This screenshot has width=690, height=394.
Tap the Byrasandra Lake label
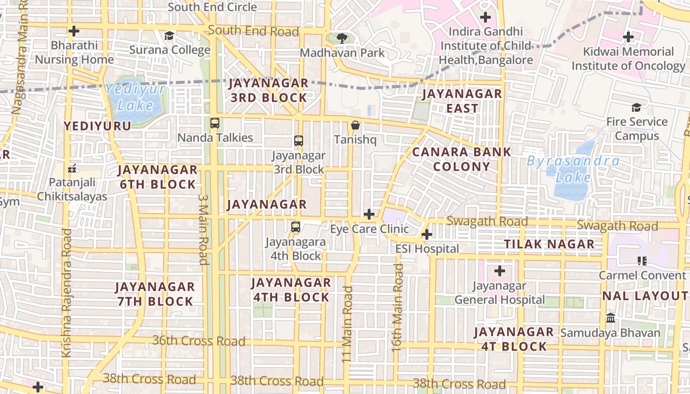click(573, 168)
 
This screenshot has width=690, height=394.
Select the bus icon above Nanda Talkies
click(215, 123)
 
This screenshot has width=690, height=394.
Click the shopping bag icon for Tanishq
click(355, 126)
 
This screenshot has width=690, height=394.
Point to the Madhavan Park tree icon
click(342, 38)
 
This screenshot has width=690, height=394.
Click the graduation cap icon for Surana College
click(170, 36)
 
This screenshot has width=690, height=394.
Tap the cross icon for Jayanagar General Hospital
click(500, 271)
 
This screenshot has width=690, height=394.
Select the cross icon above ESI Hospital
click(427, 234)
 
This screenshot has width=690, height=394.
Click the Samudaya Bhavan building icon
click(611, 318)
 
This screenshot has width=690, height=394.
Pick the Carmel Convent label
click(642, 275)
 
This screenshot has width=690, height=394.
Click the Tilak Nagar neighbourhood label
click(549, 244)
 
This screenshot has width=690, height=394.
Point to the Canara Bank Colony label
click(461, 159)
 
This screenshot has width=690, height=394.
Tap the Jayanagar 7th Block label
click(155, 294)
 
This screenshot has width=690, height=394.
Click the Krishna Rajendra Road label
click(67, 293)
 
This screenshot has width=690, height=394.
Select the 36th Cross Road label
click(198, 341)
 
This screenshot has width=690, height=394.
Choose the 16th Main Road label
click(397, 308)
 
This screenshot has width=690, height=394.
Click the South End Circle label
click(212, 7)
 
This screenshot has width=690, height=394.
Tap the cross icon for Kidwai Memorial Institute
click(628, 37)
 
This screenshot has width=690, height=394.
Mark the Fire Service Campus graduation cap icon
click(636, 107)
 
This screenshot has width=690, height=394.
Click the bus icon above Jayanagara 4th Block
click(295, 227)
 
